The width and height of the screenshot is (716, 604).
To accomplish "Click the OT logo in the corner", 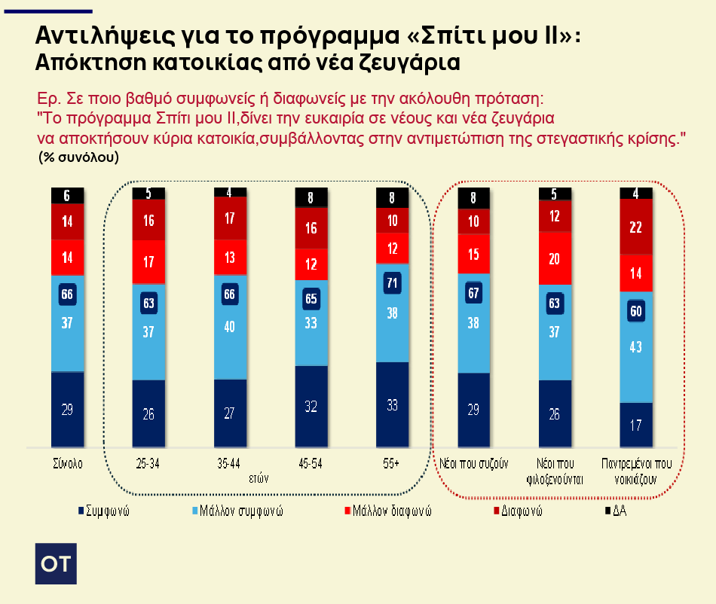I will tap(56, 563).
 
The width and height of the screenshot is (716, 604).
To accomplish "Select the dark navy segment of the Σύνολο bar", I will tap(67, 410).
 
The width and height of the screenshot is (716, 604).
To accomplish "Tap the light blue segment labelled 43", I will tap(635, 347).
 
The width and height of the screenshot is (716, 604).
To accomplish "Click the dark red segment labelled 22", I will tap(635, 227).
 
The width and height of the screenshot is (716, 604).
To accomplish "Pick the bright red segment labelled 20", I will tap(555, 258).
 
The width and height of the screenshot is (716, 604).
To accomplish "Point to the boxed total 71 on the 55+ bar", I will tap(392, 282).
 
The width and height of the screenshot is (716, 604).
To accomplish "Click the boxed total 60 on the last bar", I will tap(635, 311).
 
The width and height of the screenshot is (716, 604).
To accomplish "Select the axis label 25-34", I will tap(147, 464).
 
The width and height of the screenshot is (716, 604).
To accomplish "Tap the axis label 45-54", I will tap(311, 464).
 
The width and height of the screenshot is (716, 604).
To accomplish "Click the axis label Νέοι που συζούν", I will tap(474, 464).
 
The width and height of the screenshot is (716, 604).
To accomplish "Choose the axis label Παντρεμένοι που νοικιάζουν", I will tap(635, 471).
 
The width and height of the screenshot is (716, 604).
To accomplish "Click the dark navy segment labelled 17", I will tap(635, 425).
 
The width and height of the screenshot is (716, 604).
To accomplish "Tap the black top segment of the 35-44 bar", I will tap(229, 191).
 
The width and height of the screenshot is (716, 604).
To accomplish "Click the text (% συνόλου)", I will tap(78, 157).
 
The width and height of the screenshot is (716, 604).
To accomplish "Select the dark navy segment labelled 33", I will tap(392, 405).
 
